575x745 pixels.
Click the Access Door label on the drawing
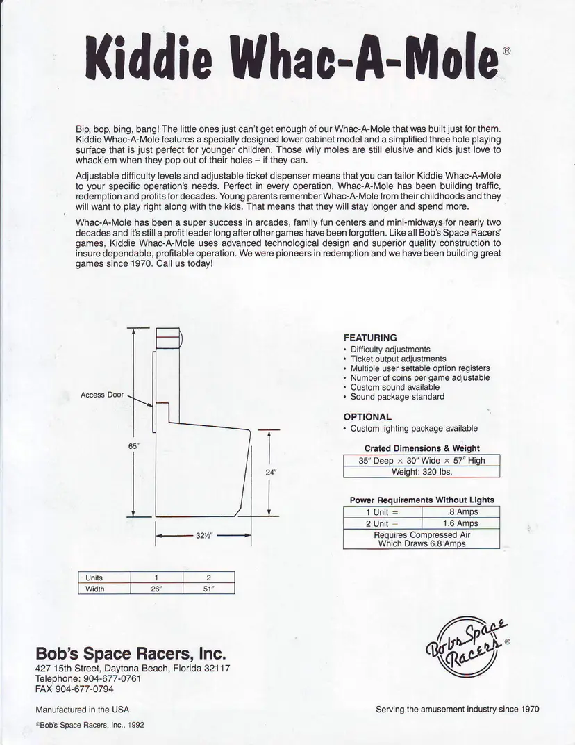click(x=102, y=395)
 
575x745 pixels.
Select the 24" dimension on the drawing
click(x=271, y=473)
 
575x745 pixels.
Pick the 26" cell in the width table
click(x=157, y=589)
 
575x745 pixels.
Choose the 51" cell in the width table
click(x=208, y=589)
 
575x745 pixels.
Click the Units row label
click(x=94, y=578)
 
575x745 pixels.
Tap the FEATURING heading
click(x=370, y=338)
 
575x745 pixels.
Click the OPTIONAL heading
click(x=367, y=417)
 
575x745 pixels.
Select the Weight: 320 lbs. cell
click(x=422, y=471)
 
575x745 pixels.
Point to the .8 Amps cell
click(x=462, y=512)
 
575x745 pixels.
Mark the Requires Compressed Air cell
click(x=422, y=539)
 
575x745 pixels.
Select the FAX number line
click(x=74, y=689)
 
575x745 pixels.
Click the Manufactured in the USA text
click(x=82, y=710)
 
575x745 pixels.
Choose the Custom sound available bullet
click(x=394, y=387)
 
